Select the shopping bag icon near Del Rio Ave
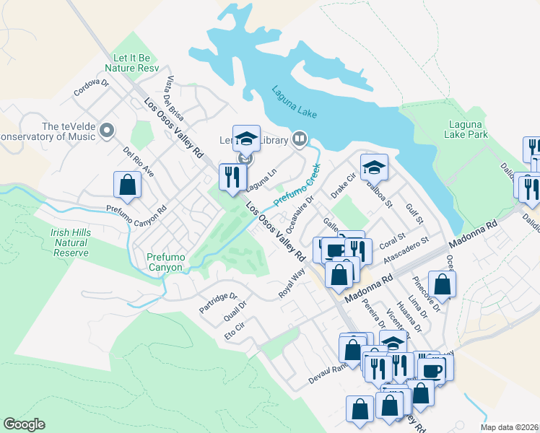127,184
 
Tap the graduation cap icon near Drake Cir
374,167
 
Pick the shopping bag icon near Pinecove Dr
442,284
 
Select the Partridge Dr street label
219,302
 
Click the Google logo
25,424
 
